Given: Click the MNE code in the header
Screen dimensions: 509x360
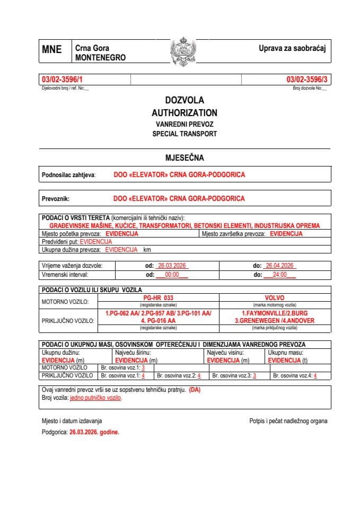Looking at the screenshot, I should [52, 50].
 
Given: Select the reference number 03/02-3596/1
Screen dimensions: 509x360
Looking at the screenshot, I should [62, 80].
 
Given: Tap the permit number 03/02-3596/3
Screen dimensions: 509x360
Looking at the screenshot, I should [307, 80].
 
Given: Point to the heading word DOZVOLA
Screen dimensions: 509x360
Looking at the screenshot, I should [184, 100].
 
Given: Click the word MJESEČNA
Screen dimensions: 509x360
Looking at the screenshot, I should [185, 157].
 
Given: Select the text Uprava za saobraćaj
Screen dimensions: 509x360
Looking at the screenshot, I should [292, 49].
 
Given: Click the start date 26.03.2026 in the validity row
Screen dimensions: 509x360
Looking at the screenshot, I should [173, 266].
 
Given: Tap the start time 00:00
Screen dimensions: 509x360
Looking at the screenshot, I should [172, 275].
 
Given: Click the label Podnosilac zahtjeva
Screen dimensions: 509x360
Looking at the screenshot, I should [68, 174].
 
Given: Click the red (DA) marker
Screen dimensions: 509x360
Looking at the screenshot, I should [195, 390].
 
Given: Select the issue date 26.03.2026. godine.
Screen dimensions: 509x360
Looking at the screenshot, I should [94, 432].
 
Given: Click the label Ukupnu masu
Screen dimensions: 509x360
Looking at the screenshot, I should [286, 352].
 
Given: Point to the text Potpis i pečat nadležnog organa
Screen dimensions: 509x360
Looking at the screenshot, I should [288, 421].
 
